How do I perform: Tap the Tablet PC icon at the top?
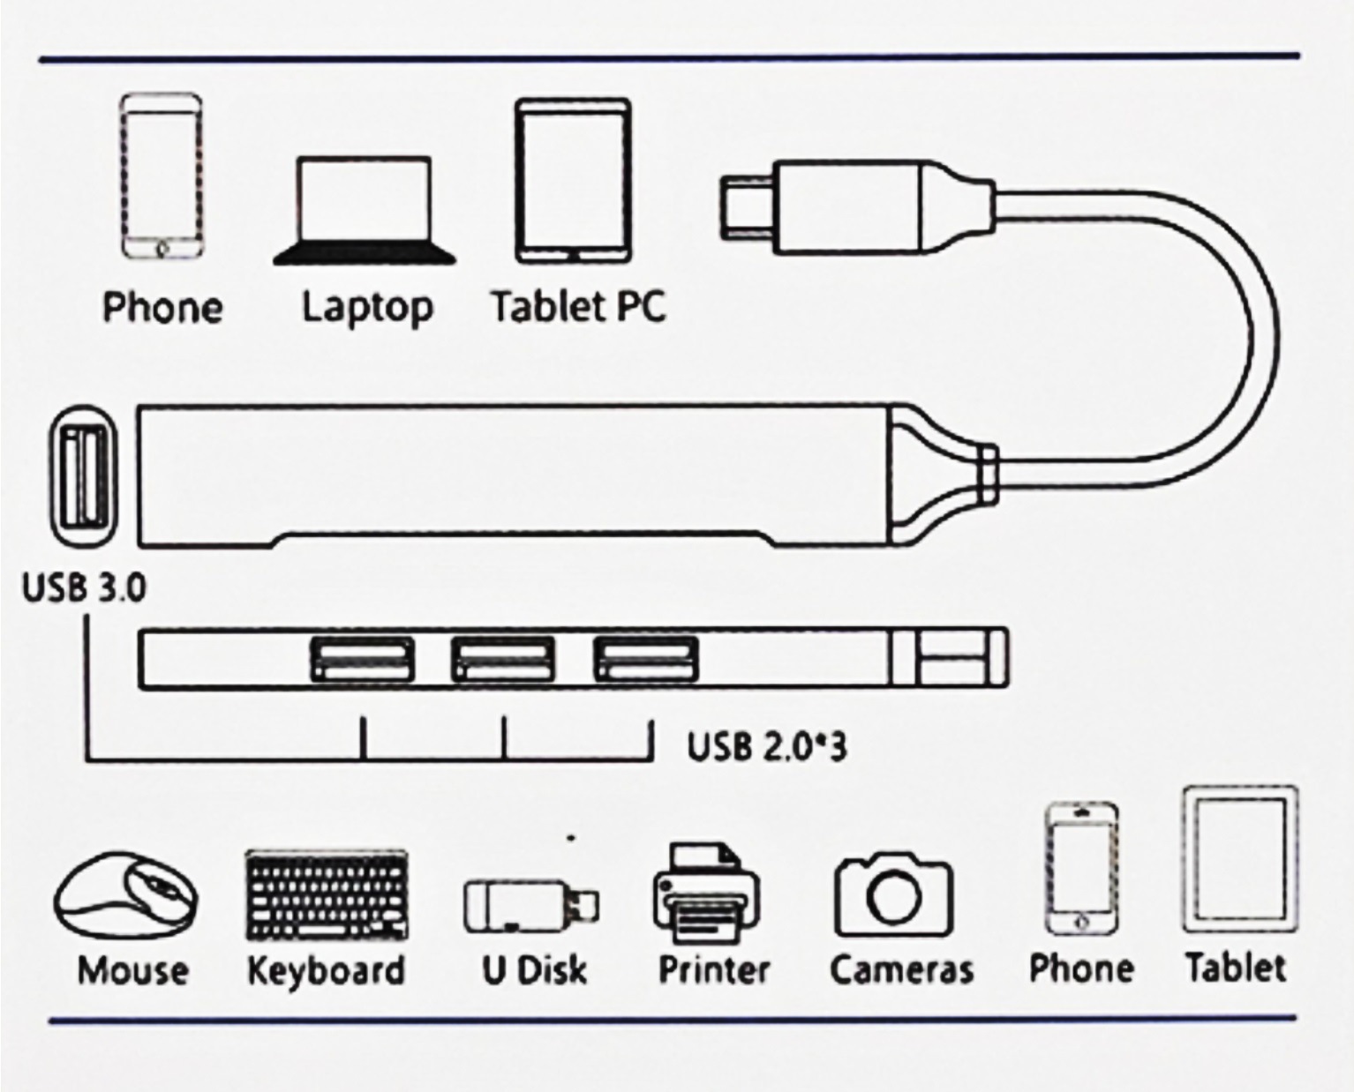(x=574, y=181)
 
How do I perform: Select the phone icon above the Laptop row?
(x=162, y=176)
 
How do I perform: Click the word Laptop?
(x=367, y=309)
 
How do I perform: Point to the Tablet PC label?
(x=578, y=307)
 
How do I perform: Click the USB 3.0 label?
(x=84, y=587)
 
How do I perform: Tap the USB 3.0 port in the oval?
(x=84, y=475)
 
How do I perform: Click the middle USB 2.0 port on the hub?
(x=502, y=659)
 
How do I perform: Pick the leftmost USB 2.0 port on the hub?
(x=363, y=659)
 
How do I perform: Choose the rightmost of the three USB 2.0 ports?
(x=645, y=659)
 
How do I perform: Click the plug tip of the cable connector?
(x=747, y=208)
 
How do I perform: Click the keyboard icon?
(x=327, y=895)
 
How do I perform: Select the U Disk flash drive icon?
(x=531, y=907)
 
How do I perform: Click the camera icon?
(x=894, y=895)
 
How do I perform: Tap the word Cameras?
(x=901, y=970)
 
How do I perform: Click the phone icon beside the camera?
(x=1082, y=869)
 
